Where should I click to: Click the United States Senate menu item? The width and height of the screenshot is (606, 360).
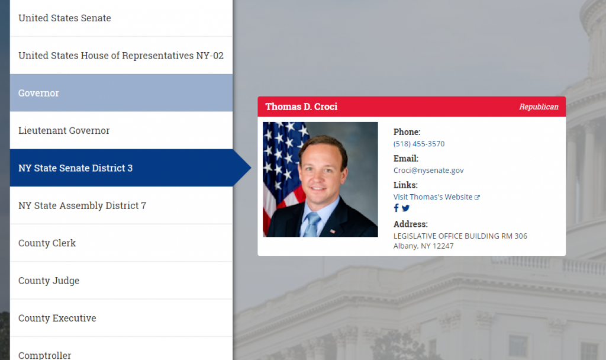65,18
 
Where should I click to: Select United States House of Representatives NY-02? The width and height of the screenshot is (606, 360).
121,56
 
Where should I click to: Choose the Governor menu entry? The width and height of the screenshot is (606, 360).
39,93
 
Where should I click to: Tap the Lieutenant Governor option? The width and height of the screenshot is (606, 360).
64,130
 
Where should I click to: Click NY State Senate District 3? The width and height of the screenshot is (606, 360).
76,168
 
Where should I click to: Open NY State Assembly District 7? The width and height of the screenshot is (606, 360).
82,205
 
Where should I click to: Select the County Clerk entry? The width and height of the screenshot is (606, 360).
47,243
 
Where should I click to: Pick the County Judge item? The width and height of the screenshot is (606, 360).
49,281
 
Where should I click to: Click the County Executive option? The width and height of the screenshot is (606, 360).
57,318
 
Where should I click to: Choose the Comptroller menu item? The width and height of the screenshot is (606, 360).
45,355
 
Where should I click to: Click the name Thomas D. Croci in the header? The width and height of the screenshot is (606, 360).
301,107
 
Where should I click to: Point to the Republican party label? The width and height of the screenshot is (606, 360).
539,107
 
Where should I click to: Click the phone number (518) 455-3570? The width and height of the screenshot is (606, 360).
419,144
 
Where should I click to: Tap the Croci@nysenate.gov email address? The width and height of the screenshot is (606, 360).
428,171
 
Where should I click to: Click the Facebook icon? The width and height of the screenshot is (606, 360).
397,208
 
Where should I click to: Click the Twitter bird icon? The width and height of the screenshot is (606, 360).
405,208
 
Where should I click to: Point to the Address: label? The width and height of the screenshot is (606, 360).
410,224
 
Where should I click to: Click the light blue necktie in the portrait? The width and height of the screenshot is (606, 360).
312,224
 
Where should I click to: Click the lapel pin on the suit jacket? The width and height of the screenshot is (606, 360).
333,230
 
